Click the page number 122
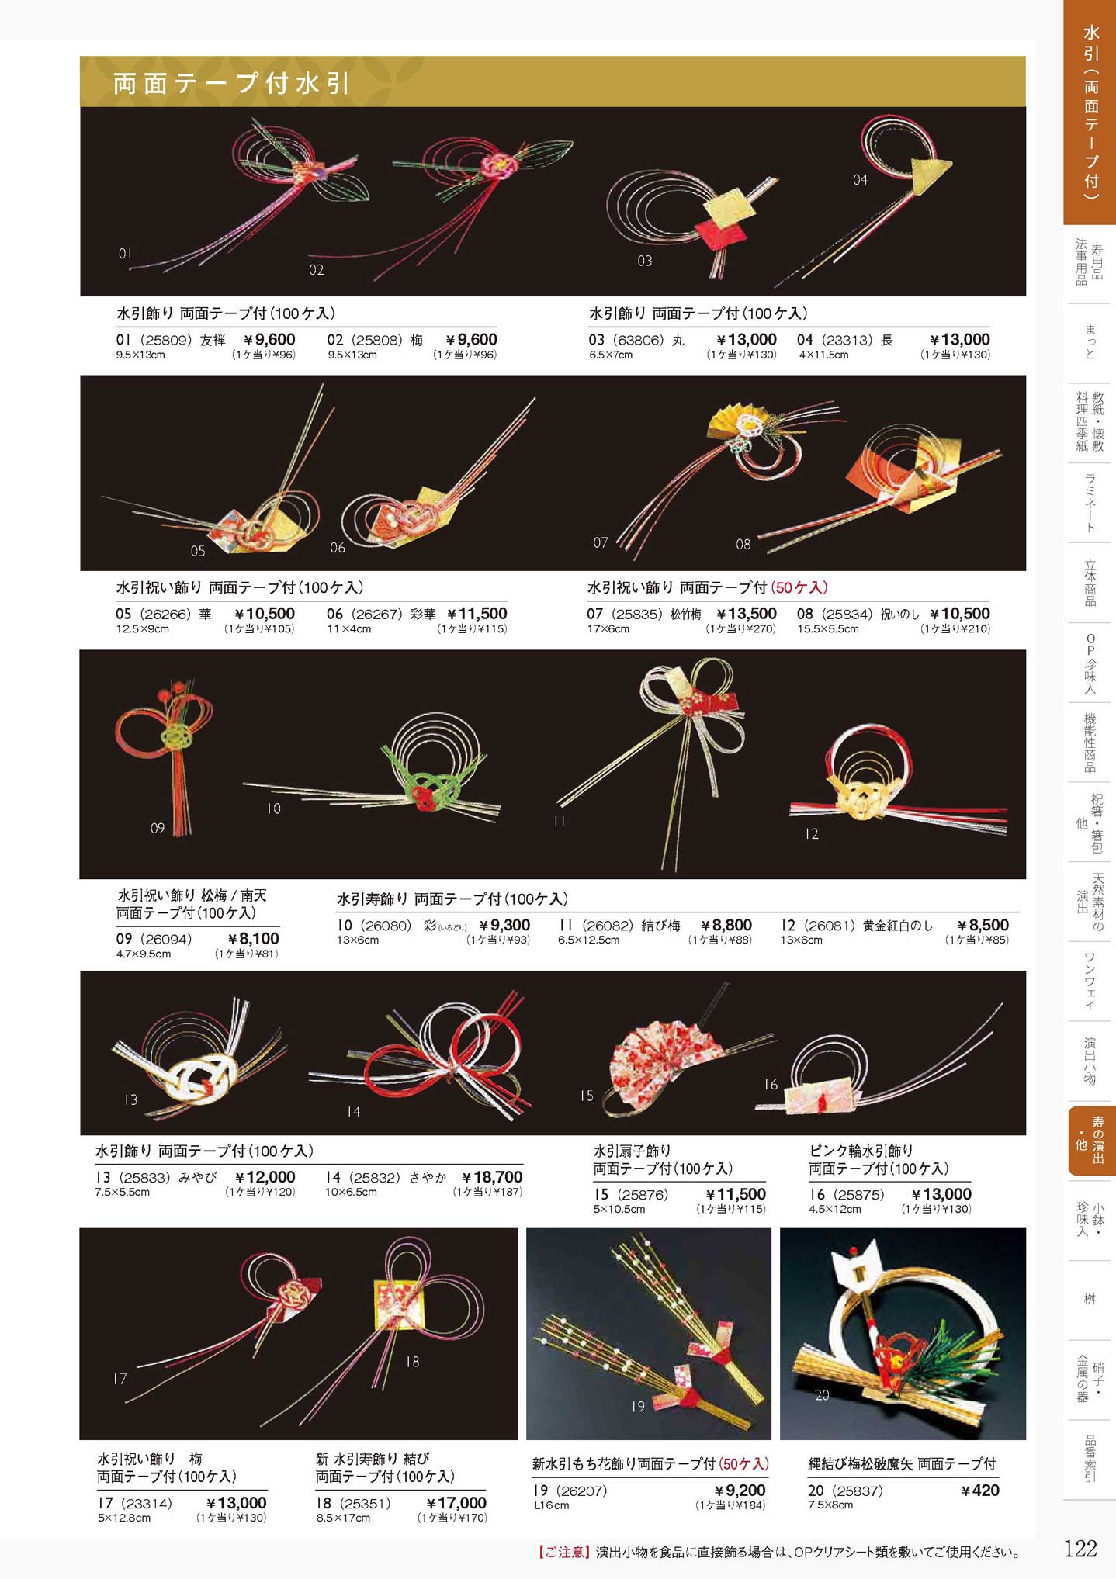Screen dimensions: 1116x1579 point(1080,1549)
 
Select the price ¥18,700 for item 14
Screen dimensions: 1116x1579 point(492,1177)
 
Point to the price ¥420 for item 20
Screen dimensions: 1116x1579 point(980,1490)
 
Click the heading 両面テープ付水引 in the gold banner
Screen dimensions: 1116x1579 point(231,83)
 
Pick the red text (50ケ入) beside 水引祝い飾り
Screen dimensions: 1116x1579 point(799,587)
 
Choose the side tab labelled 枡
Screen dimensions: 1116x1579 point(1090,1298)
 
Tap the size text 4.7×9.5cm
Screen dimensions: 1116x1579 point(144,954)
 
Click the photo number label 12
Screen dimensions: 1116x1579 point(811,833)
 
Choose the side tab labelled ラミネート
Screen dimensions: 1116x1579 point(1090,503)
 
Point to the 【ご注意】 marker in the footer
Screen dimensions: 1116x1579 point(563,1552)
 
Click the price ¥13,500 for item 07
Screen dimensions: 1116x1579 point(746,614)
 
